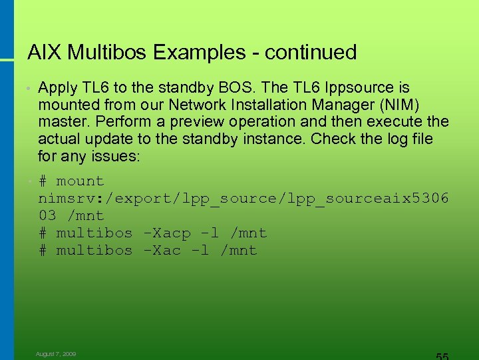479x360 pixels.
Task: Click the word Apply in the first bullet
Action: click(x=58, y=88)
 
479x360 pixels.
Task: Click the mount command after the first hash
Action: click(x=80, y=181)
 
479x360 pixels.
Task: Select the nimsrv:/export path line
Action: click(x=243, y=199)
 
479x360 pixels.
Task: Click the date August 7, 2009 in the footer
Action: click(x=56, y=354)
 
